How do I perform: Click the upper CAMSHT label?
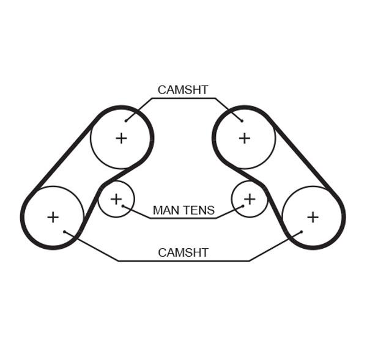183,90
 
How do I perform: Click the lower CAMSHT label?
183,252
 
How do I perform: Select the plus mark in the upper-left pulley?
121,138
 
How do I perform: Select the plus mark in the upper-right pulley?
244,138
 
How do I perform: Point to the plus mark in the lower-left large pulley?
53,218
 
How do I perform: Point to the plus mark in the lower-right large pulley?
313,218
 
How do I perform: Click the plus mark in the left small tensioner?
116,199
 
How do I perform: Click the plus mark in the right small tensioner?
250,199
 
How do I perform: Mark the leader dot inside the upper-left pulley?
126,120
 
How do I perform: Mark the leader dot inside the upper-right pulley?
242,120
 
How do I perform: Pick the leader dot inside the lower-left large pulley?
65,232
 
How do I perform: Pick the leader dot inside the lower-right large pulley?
302,232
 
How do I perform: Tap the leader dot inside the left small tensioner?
123,206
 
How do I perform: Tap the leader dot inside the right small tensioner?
243,206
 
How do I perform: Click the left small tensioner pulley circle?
135,199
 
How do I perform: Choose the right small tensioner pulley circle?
231,199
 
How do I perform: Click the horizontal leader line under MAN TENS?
183,218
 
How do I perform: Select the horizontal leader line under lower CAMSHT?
183,260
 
